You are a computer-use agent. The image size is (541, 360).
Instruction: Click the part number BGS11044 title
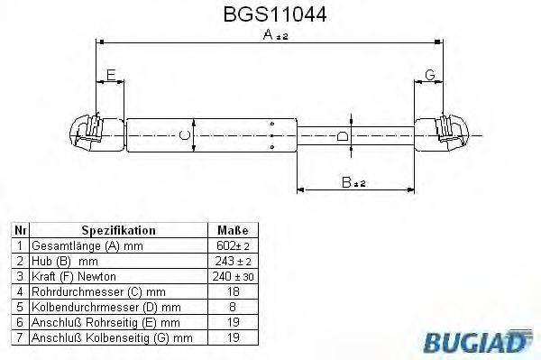pyautogui.click(x=270, y=14)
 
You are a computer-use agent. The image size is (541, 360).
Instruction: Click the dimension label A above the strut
pyautogui.click(x=268, y=35)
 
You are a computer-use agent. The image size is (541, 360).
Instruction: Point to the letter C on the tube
pyautogui.click(x=185, y=135)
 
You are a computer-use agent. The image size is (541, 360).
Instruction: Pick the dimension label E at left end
pyautogui.click(x=110, y=74)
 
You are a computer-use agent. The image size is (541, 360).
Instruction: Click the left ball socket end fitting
pyautogui.click(x=95, y=134)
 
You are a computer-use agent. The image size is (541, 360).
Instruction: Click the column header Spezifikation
pyautogui.click(x=119, y=231)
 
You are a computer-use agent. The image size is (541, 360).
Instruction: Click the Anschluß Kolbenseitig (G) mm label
pyautogui.click(x=112, y=337)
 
